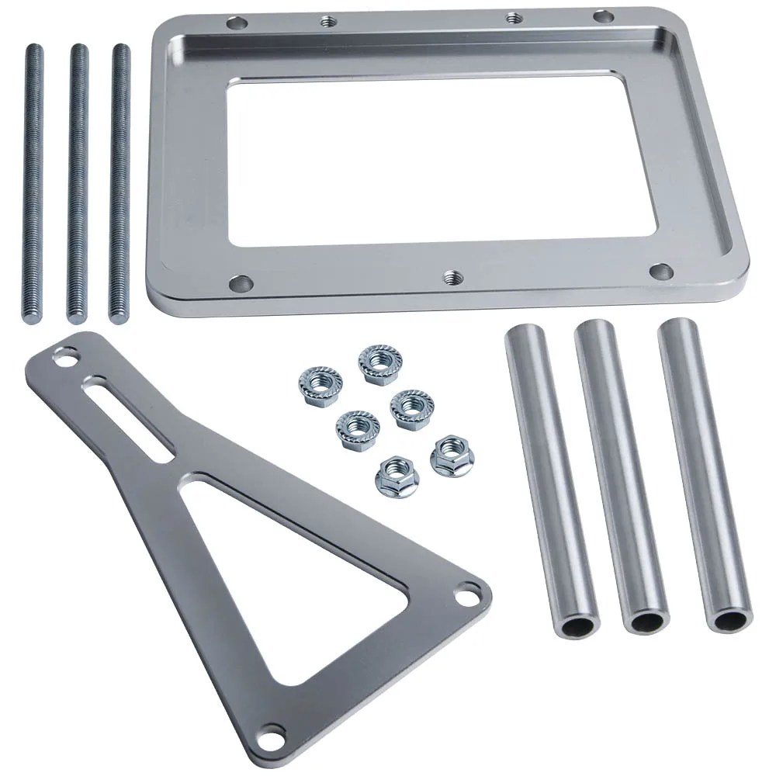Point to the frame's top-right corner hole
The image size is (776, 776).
click(x=602, y=16)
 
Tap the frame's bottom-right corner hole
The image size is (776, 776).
click(x=660, y=271)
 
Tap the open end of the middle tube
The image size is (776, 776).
click(x=650, y=621)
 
